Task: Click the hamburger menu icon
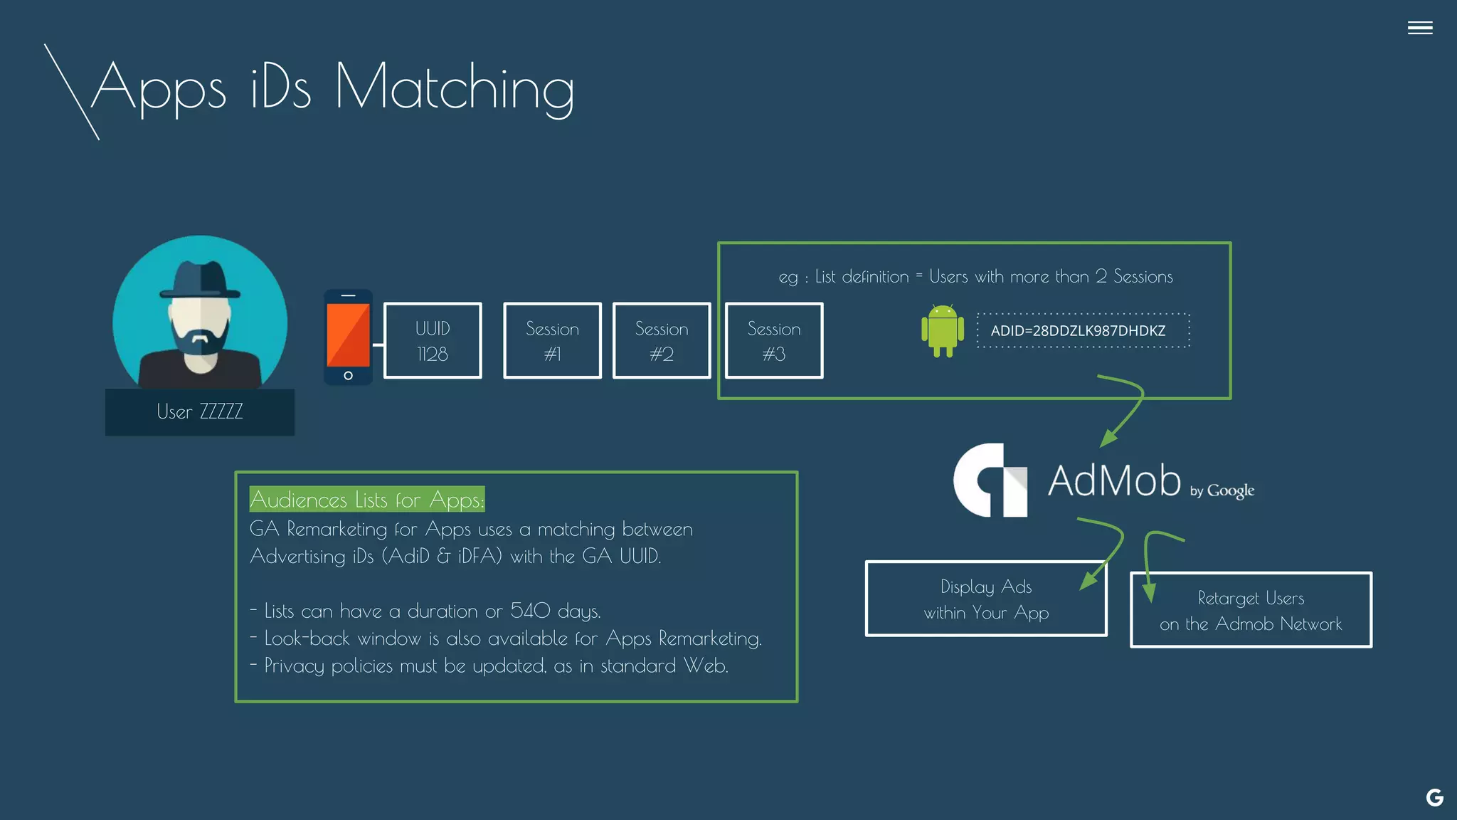pos(1419,28)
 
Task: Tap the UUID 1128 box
pos(433,341)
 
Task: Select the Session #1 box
pos(552,341)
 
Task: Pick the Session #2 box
pos(662,341)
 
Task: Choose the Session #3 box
pos(774,341)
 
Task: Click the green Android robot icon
pos(942,330)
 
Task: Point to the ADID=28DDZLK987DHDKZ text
pos(1078,331)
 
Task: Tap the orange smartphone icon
pos(348,337)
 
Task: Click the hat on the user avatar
pos(200,280)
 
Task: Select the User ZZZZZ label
pos(200,412)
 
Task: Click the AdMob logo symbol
pos(990,480)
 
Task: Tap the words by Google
pos(1222,490)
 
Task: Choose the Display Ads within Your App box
pos(985,599)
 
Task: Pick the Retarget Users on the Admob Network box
pos(1250,611)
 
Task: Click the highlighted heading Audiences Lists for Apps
pos(366,500)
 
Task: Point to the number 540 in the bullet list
pos(530,611)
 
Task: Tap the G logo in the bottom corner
pos(1434,798)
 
